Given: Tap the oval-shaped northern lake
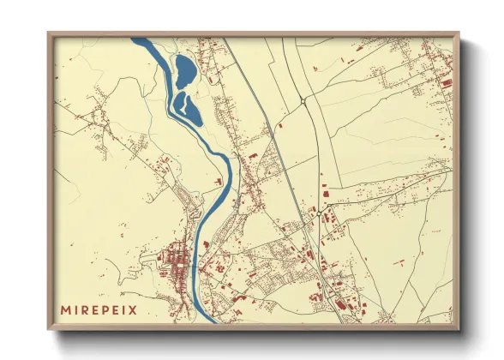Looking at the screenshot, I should [x=184, y=70].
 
